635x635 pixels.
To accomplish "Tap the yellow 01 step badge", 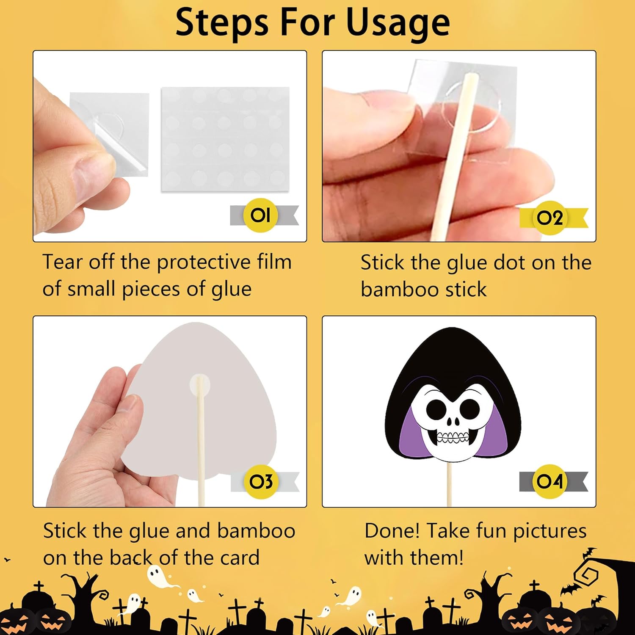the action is [x=260, y=215].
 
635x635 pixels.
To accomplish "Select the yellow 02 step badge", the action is [x=549, y=218].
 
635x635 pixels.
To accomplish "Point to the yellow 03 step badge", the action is [x=261, y=481].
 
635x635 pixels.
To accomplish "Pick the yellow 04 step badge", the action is [x=549, y=481].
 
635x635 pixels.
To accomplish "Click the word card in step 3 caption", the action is [x=240, y=558].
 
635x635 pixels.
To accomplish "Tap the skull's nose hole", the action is [x=453, y=422].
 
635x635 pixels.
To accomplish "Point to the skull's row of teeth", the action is [x=453, y=437].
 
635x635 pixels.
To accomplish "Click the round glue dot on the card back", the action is [x=199, y=385].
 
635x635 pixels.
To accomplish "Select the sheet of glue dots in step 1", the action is [x=225, y=139].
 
